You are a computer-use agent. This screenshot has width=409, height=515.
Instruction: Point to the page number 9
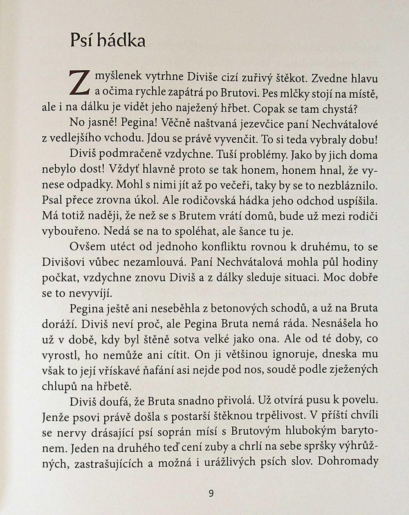click(211, 493)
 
